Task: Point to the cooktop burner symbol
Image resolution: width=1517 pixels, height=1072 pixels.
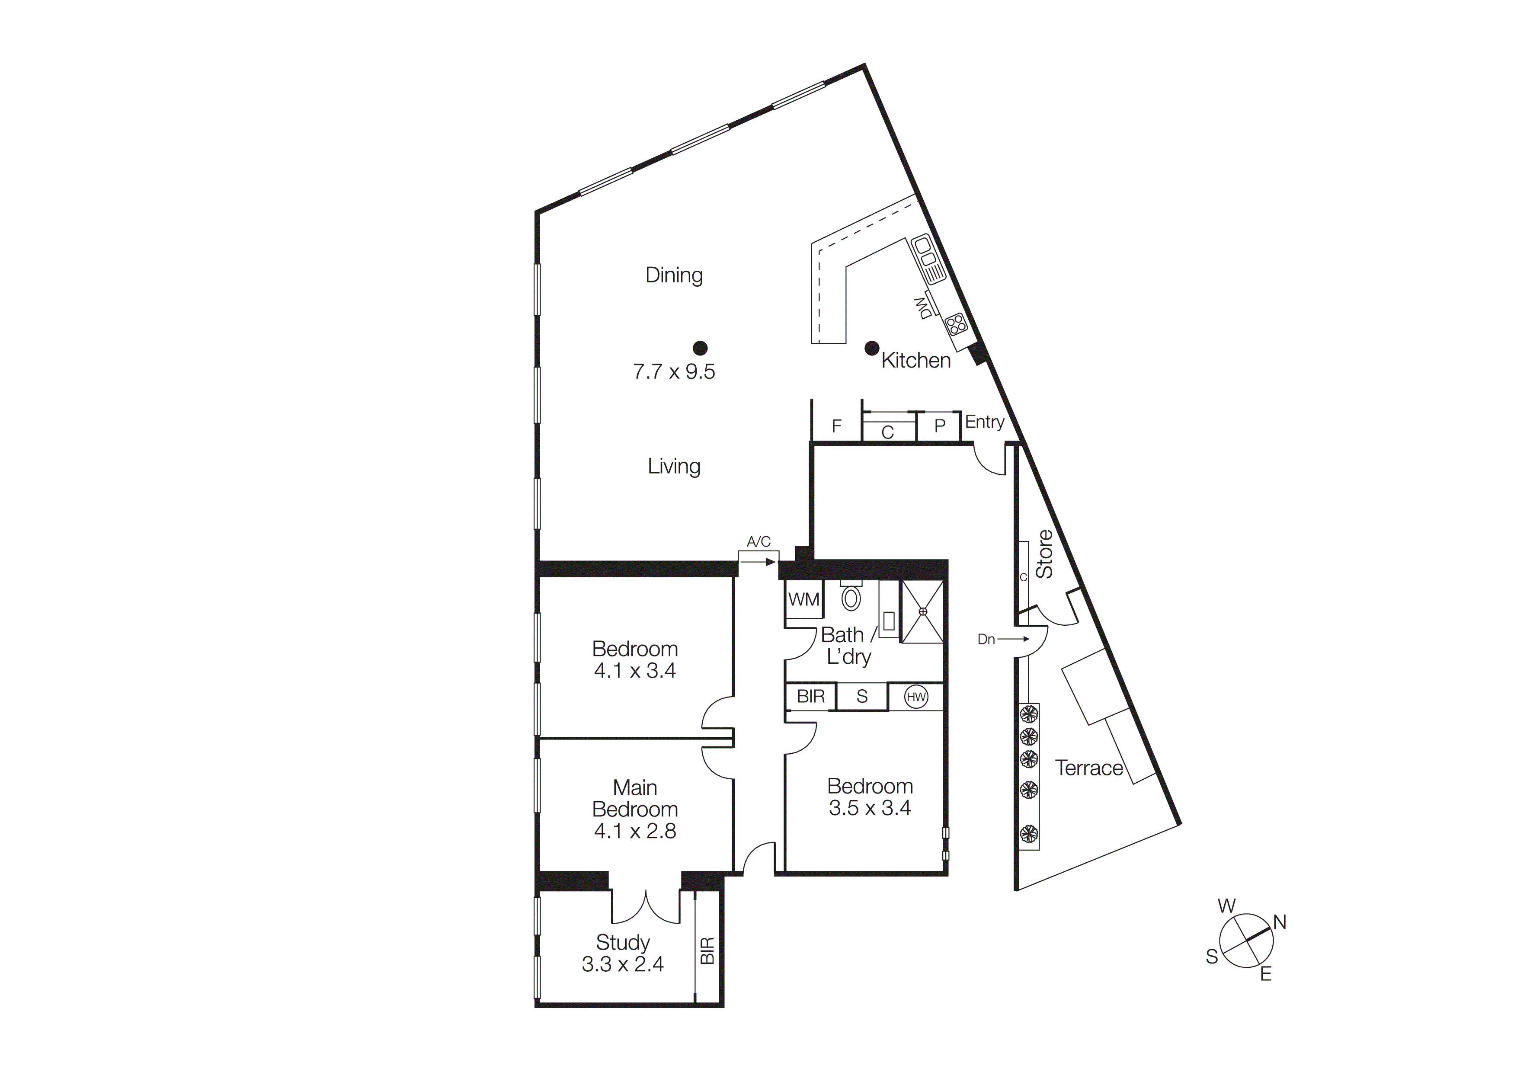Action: pyautogui.click(x=955, y=323)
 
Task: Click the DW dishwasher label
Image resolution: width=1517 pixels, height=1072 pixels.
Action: pyautogui.click(x=923, y=308)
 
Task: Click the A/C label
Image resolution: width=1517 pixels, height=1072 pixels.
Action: pyautogui.click(x=758, y=541)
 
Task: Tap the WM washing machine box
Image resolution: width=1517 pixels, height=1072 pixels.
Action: pyautogui.click(x=803, y=600)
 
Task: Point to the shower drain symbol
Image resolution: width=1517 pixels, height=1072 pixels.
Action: pyautogui.click(x=922, y=611)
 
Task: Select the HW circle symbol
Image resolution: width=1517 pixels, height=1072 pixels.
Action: pyautogui.click(x=916, y=697)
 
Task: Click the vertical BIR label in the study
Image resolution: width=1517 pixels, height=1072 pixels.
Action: pyautogui.click(x=707, y=950)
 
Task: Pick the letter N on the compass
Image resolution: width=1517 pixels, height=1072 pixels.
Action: pyautogui.click(x=1279, y=922)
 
